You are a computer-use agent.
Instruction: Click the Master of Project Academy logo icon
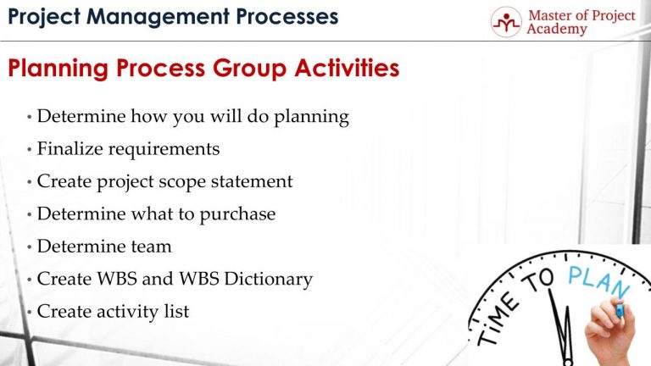[506, 22]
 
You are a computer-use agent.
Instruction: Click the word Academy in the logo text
[555, 30]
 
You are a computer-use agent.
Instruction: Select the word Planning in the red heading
[57, 69]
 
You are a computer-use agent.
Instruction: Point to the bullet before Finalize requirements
[30, 150]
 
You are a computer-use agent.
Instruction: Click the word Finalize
[70, 149]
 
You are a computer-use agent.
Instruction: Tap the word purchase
[237, 214]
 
